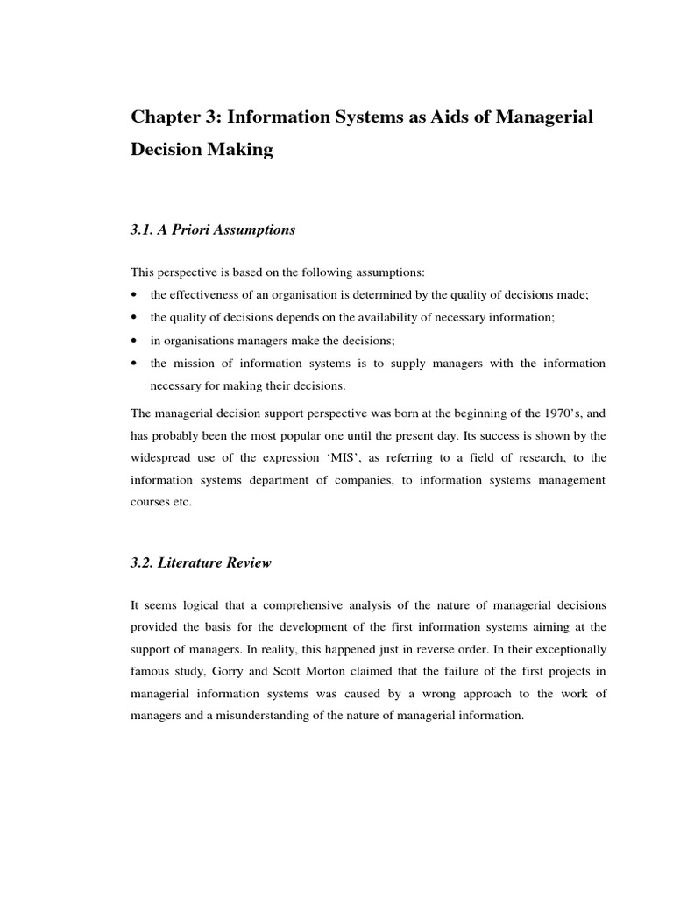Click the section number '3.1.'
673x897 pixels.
pyautogui.click(x=143, y=230)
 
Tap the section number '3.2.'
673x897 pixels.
pyautogui.click(x=143, y=563)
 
